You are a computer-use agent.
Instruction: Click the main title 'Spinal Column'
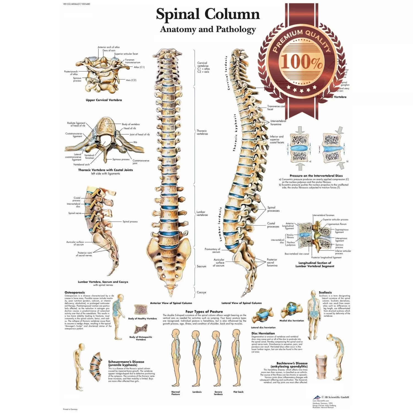click(208, 14)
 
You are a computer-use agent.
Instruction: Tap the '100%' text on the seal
click(301, 62)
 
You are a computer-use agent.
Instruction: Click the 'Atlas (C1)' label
click(139, 67)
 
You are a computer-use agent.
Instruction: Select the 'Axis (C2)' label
click(131, 80)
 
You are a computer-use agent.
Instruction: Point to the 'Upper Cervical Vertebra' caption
click(104, 100)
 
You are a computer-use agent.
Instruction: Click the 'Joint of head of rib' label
click(140, 135)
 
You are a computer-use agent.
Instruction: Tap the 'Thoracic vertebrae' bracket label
click(202, 132)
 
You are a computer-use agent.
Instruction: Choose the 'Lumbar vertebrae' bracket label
click(202, 213)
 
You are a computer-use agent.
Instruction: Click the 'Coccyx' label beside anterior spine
click(202, 292)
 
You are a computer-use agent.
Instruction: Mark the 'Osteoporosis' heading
click(75, 292)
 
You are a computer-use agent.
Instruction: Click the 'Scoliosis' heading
click(325, 292)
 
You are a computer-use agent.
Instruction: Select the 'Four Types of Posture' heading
click(204, 312)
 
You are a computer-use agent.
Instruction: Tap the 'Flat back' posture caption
click(238, 392)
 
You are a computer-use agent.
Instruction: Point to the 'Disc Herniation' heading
click(263, 333)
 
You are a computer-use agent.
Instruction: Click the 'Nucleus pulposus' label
click(291, 244)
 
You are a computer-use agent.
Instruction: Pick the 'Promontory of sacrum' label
click(212, 250)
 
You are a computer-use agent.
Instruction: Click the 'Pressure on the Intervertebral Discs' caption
click(316, 176)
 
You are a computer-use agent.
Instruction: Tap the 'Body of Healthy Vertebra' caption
click(142, 319)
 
